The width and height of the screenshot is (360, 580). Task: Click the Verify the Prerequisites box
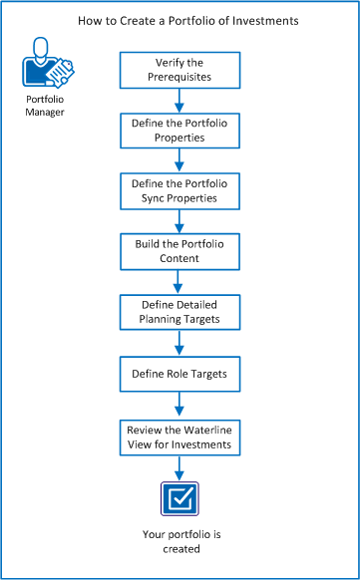(x=180, y=68)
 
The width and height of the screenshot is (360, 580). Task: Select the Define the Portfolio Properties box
(x=180, y=130)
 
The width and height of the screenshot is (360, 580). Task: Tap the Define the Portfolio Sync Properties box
(x=180, y=190)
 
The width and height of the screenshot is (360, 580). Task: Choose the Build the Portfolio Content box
(x=180, y=251)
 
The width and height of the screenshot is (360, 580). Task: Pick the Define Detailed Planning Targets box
(x=180, y=312)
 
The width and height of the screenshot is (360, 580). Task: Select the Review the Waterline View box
(x=180, y=435)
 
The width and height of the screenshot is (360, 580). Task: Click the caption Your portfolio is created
(x=180, y=541)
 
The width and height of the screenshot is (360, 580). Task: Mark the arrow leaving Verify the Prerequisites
(x=180, y=98)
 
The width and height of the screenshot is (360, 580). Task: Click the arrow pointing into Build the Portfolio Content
(x=180, y=220)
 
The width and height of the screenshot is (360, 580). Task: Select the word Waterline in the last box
(x=205, y=428)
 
